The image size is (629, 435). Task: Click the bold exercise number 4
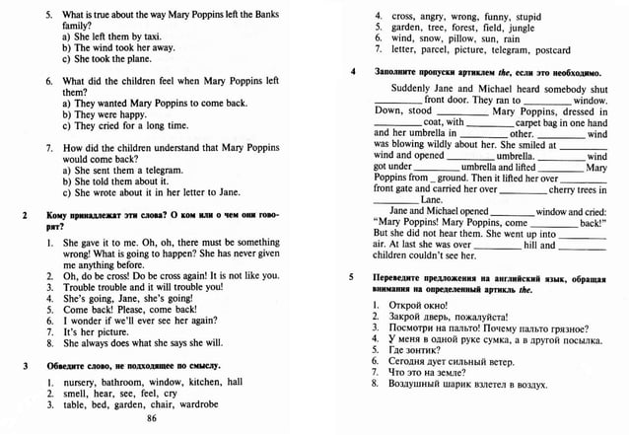(x=353, y=73)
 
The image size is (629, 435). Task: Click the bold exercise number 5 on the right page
(x=353, y=277)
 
